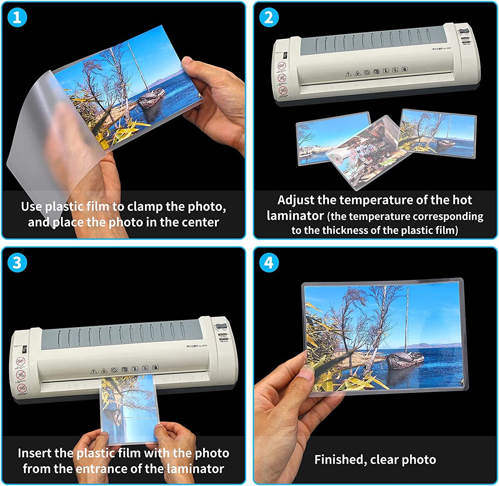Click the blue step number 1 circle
point(17,17)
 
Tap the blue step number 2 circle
point(269,17)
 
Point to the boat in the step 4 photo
point(405,359)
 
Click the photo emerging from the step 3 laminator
point(129,407)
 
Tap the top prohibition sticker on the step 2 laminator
point(282,66)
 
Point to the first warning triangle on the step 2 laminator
point(348,74)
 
